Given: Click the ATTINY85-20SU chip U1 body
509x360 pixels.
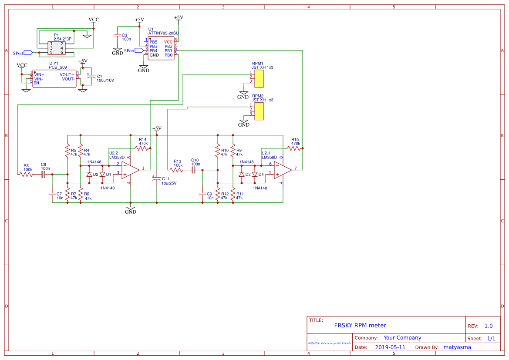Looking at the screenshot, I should click(x=161, y=48).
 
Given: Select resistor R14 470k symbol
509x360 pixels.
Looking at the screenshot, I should click(x=142, y=148).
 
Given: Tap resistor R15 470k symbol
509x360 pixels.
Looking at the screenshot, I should click(x=294, y=148).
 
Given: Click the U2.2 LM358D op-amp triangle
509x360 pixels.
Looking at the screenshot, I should click(x=130, y=169).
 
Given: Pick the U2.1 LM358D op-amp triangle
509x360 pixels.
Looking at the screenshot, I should click(x=283, y=169).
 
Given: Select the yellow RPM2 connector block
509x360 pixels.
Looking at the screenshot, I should click(x=259, y=111).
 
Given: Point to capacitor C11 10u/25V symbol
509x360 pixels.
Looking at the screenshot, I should click(x=156, y=178).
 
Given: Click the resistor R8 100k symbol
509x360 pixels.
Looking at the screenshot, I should click(x=26, y=174).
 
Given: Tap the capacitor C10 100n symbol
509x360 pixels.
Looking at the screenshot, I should click(x=194, y=170).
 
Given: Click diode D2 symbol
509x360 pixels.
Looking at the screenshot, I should click(x=89, y=174).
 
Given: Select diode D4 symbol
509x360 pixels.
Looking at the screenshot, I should click(x=255, y=174).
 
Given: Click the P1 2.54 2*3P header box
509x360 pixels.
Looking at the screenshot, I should click(x=57, y=48).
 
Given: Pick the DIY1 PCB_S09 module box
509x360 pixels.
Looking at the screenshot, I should click(x=54, y=79).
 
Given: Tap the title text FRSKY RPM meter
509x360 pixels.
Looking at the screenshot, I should click(x=360, y=325).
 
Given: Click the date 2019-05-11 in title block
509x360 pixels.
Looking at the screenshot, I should click(x=390, y=347).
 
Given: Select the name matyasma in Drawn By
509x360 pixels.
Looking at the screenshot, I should click(x=457, y=347).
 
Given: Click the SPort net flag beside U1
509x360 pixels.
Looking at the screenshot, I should click(x=139, y=50).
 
